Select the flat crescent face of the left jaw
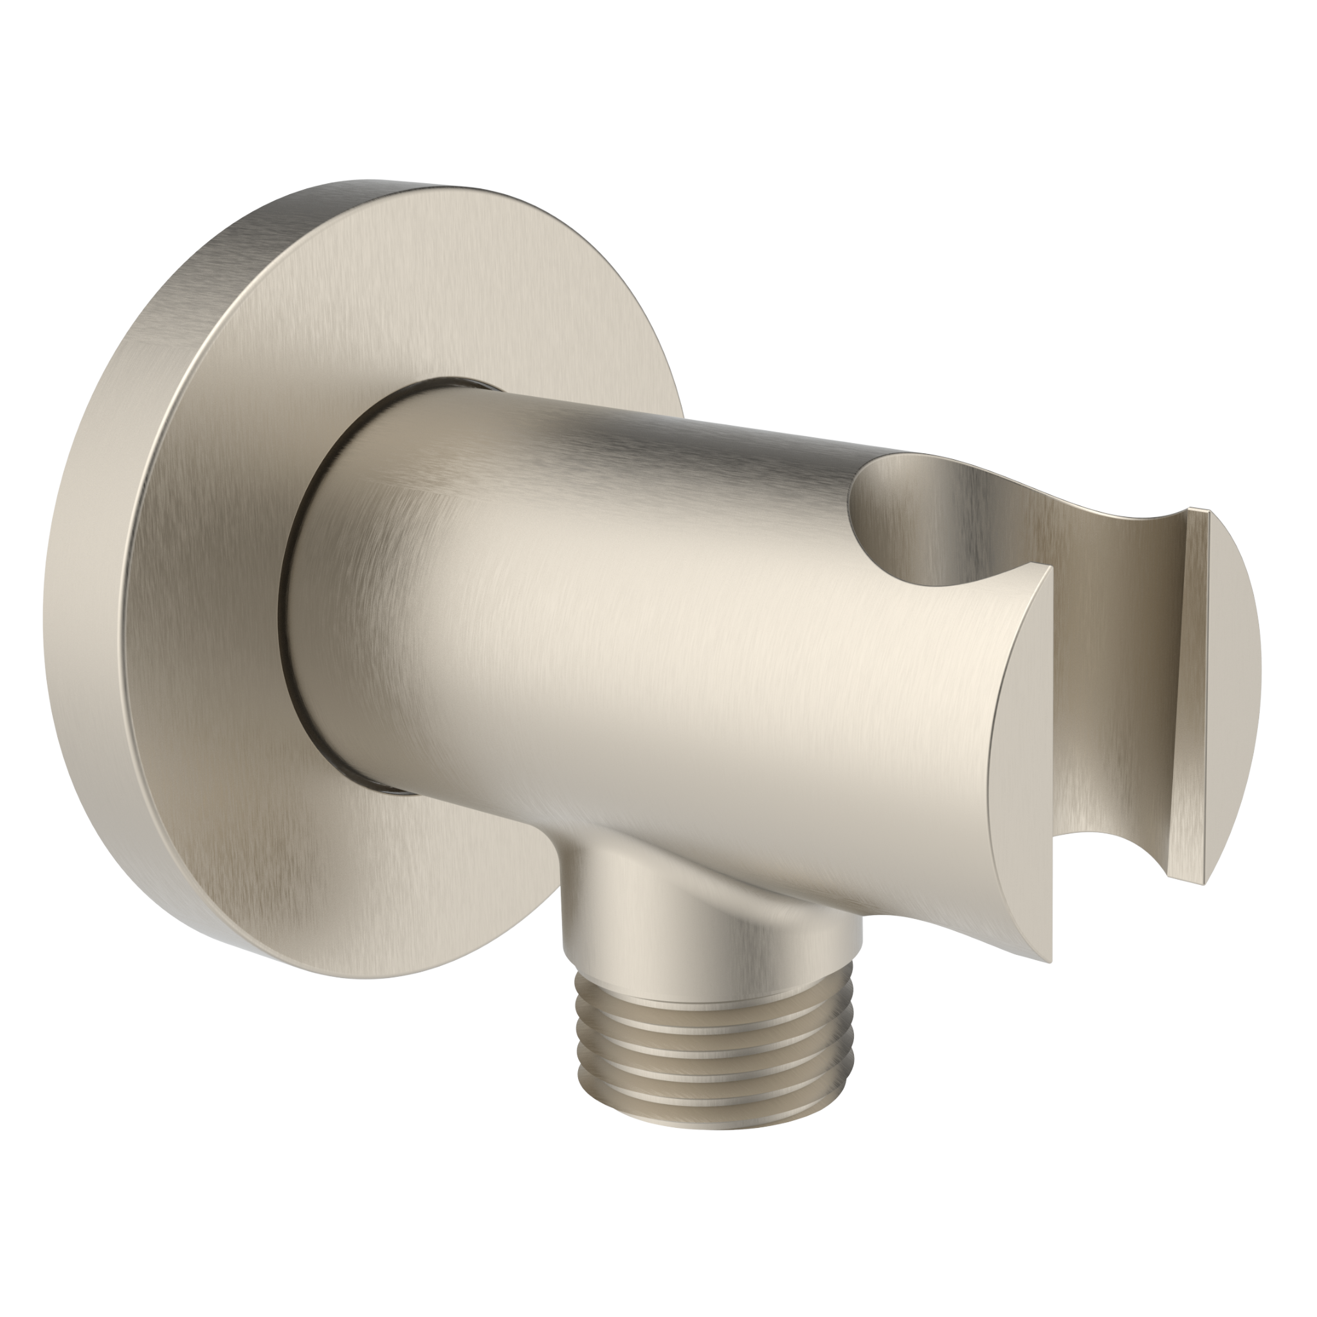1015,750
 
